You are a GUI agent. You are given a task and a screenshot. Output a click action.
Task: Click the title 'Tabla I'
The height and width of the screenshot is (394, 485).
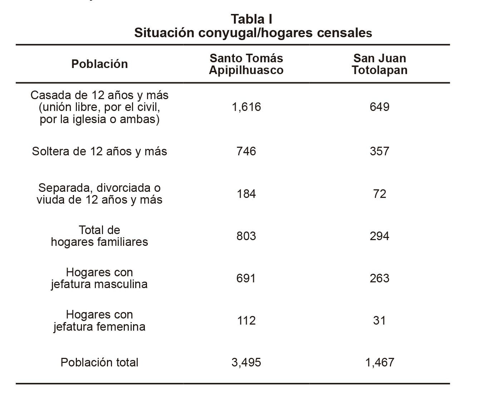click(x=251, y=19)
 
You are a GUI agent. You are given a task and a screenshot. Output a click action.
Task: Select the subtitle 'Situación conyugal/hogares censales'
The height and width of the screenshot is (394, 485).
click(x=253, y=33)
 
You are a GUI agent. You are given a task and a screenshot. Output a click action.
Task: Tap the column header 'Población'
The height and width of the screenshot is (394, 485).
click(x=99, y=64)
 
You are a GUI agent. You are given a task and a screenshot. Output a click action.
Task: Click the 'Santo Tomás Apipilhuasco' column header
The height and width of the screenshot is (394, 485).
click(x=246, y=64)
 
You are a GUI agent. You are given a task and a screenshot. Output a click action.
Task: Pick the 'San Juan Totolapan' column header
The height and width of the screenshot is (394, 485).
click(x=379, y=64)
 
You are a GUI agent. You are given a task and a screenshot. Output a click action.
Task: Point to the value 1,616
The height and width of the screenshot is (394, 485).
click(x=246, y=107)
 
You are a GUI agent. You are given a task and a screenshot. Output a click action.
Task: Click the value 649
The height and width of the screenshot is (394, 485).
click(x=379, y=107)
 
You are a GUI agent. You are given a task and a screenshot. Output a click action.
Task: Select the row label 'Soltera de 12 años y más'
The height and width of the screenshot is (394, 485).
click(x=99, y=151)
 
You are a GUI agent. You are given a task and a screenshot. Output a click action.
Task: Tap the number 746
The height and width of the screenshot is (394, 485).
click(x=246, y=151)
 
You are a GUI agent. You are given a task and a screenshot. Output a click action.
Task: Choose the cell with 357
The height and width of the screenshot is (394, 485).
click(x=379, y=151)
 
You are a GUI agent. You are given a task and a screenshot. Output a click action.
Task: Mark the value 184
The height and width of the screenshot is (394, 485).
click(x=246, y=194)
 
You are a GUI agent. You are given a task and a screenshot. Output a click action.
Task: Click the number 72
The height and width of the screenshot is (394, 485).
click(x=379, y=194)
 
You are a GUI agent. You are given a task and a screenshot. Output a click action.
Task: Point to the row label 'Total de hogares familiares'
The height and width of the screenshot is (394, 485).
click(x=99, y=236)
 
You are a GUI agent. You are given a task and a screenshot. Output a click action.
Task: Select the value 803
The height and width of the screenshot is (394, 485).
click(x=246, y=236)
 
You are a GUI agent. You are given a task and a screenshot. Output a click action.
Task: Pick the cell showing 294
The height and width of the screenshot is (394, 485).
click(x=379, y=236)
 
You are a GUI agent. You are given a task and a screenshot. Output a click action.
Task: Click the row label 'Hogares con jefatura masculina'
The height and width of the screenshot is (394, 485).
click(x=99, y=278)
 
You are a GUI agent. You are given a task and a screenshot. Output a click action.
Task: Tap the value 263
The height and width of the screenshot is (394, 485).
click(x=379, y=278)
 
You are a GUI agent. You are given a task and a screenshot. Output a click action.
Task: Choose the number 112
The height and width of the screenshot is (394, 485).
click(x=246, y=321)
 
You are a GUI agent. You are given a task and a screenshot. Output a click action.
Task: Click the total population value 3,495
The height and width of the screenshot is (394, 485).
click(x=246, y=363)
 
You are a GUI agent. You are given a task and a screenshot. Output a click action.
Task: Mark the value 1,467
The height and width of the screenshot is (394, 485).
click(x=379, y=363)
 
